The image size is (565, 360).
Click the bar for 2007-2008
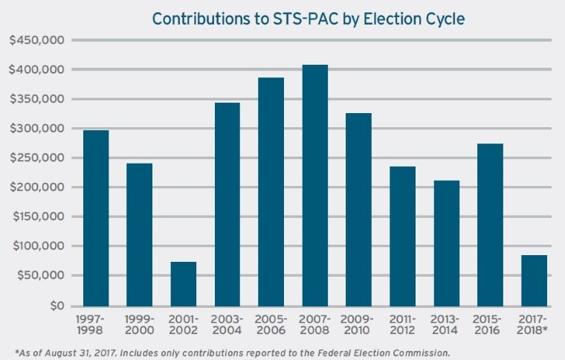point(314,185)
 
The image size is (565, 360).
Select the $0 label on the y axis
point(56,306)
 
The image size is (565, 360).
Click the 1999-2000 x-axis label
point(140,324)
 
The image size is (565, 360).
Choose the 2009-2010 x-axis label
point(358,324)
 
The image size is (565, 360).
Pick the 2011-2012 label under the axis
point(402,324)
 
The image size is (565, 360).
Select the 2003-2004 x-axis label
point(227,324)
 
